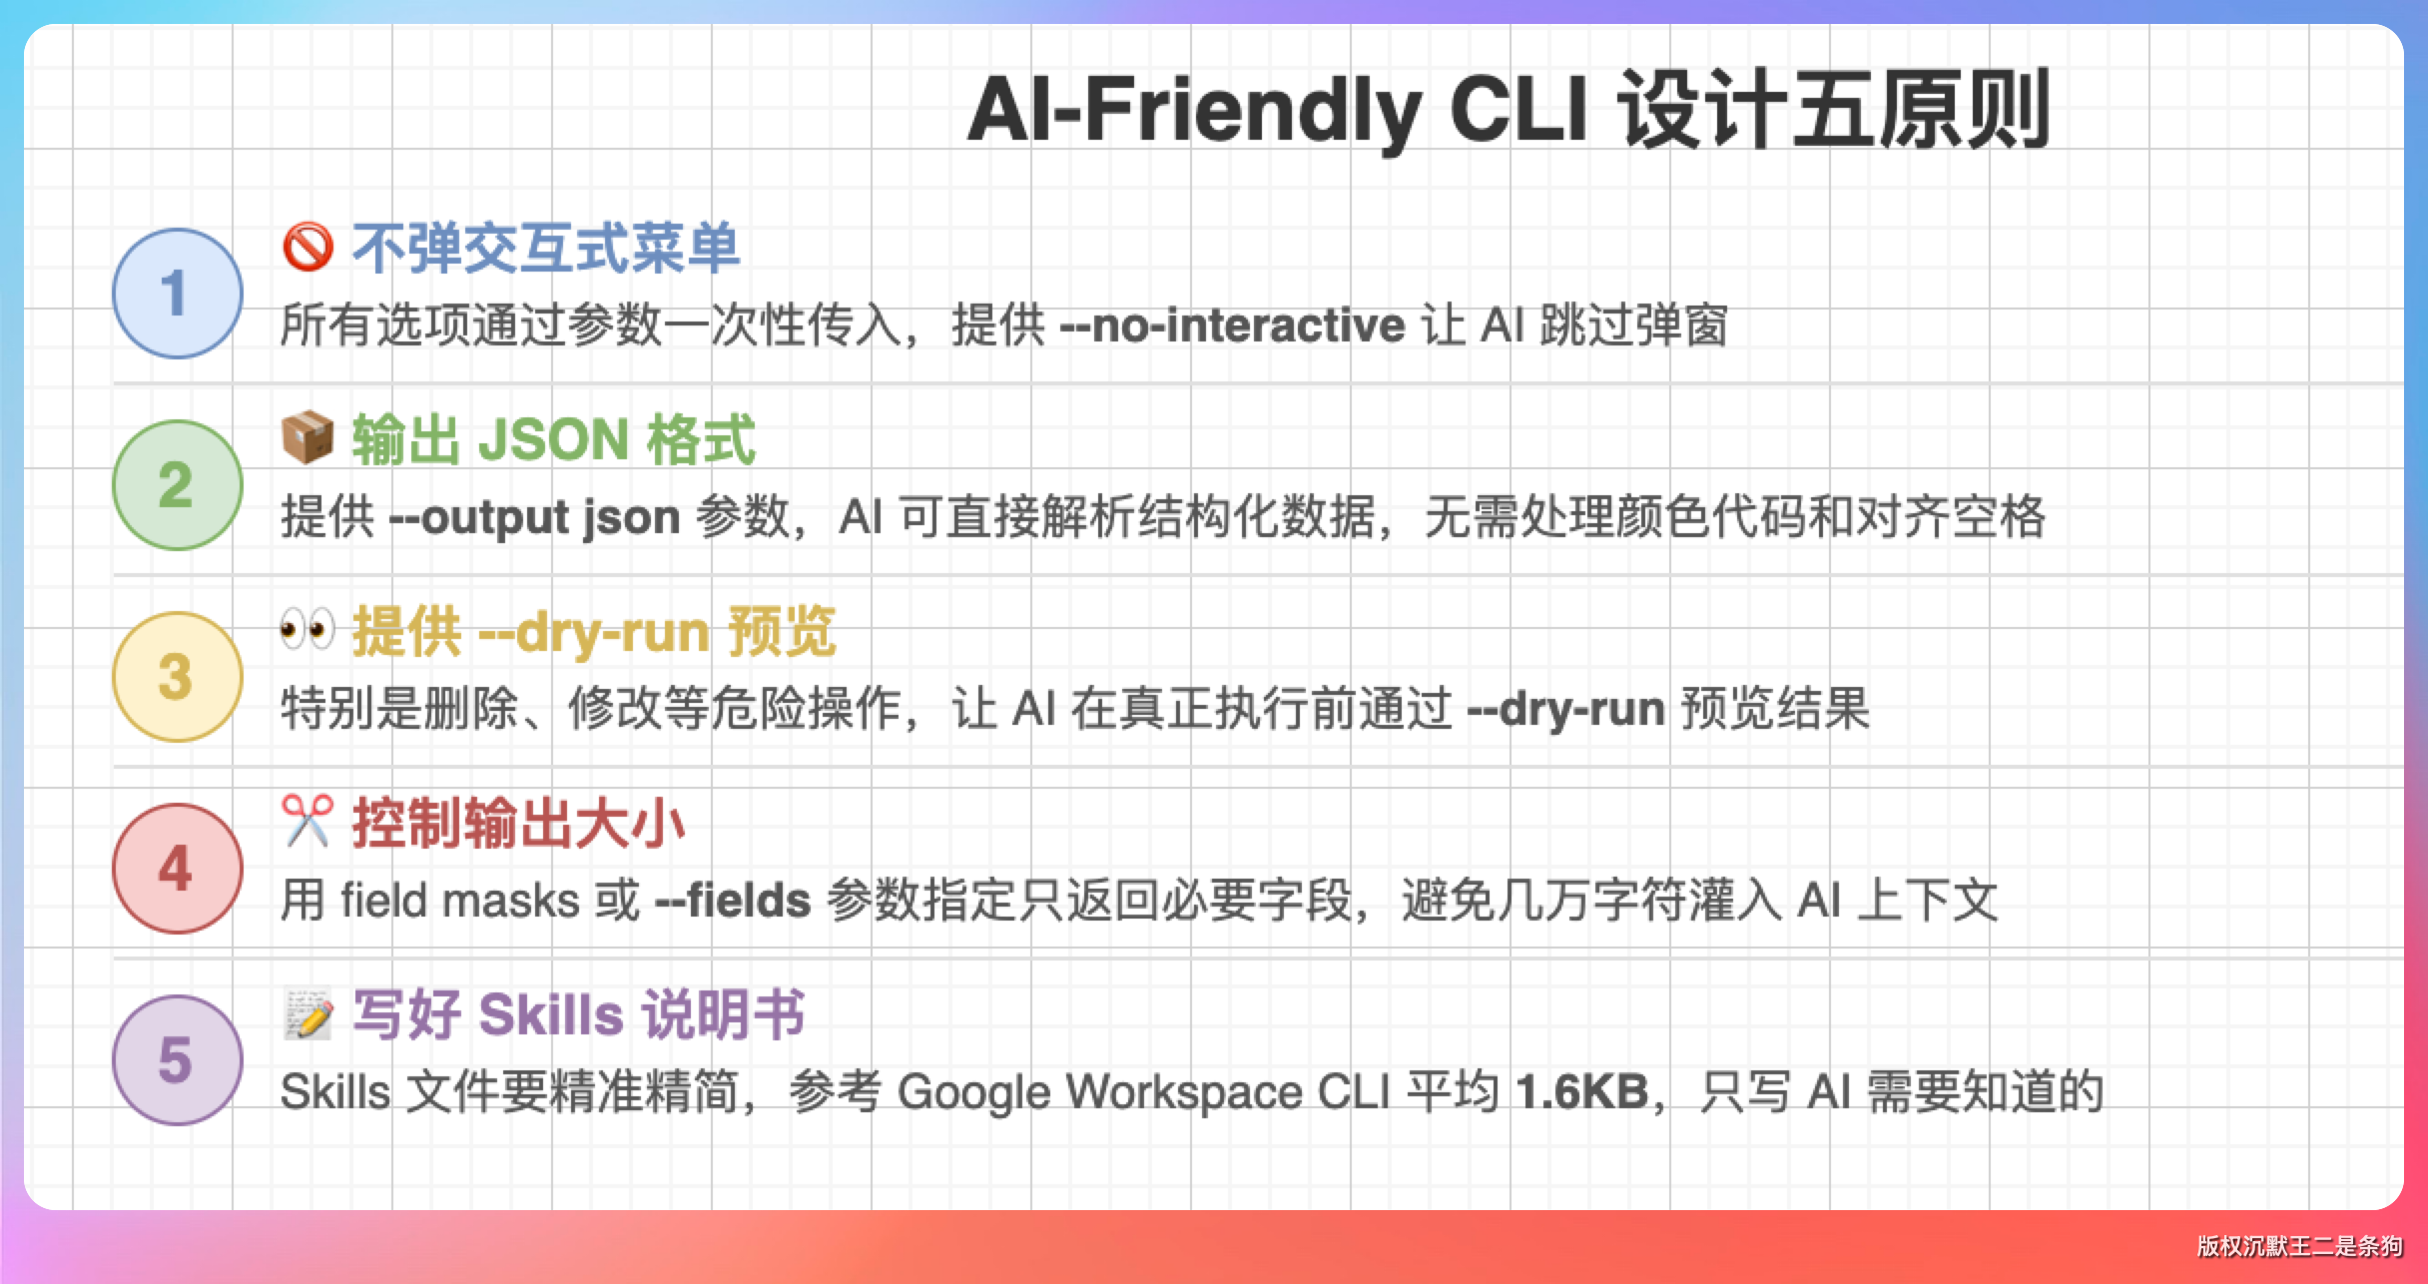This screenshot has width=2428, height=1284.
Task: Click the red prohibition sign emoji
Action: [307, 247]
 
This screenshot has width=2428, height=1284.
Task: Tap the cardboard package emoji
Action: [307, 438]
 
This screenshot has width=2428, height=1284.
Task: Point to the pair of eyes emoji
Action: [307, 630]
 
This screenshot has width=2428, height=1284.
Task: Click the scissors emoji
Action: [307, 821]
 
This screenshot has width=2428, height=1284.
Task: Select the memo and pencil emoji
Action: [307, 1013]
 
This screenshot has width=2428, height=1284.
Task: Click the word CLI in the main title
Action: [1517, 109]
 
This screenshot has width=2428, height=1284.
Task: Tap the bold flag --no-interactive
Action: [1233, 325]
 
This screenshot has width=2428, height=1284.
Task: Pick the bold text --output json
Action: [535, 518]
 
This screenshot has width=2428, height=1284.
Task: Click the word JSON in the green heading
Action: [554, 440]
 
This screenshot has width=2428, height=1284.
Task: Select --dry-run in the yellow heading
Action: [595, 632]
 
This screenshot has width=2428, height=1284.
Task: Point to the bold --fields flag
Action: [733, 901]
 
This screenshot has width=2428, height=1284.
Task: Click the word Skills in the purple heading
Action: [551, 1015]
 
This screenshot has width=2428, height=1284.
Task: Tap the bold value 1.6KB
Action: [1582, 1092]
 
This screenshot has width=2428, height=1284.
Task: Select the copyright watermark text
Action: [2299, 1246]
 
